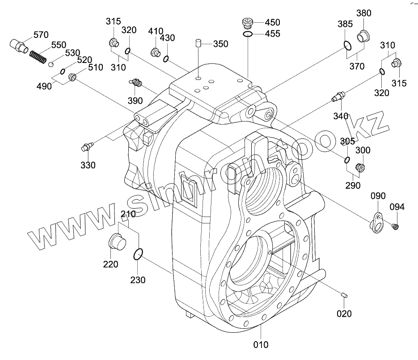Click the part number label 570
point(41,35)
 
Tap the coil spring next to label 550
point(38,57)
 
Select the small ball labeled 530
point(52,64)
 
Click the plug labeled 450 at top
point(247,23)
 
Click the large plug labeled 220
point(118,243)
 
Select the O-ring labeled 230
point(138,255)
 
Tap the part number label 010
point(261,344)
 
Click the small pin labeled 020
point(344,294)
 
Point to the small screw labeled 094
point(395,226)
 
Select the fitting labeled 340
point(338,95)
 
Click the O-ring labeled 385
point(347,45)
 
